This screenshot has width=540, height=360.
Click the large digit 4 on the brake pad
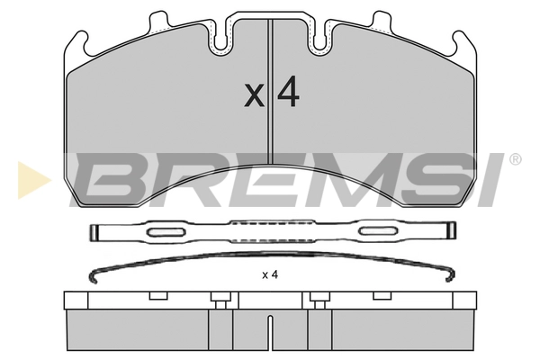(x=287, y=94)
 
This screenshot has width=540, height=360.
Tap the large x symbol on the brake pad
(x=256, y=96)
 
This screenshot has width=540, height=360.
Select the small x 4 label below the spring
(x=270, y=275)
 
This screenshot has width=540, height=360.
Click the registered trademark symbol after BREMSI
(x=515, y=160)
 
